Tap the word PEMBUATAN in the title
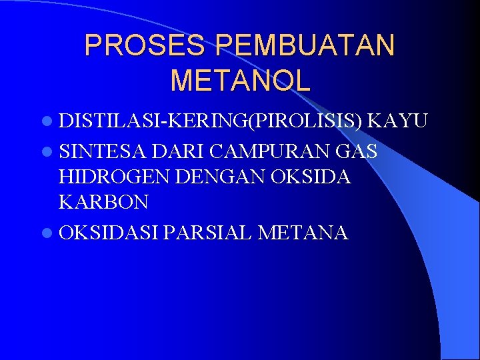tap(305, 45)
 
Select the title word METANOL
tap(240, 80)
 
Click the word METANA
tap(303, 233)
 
